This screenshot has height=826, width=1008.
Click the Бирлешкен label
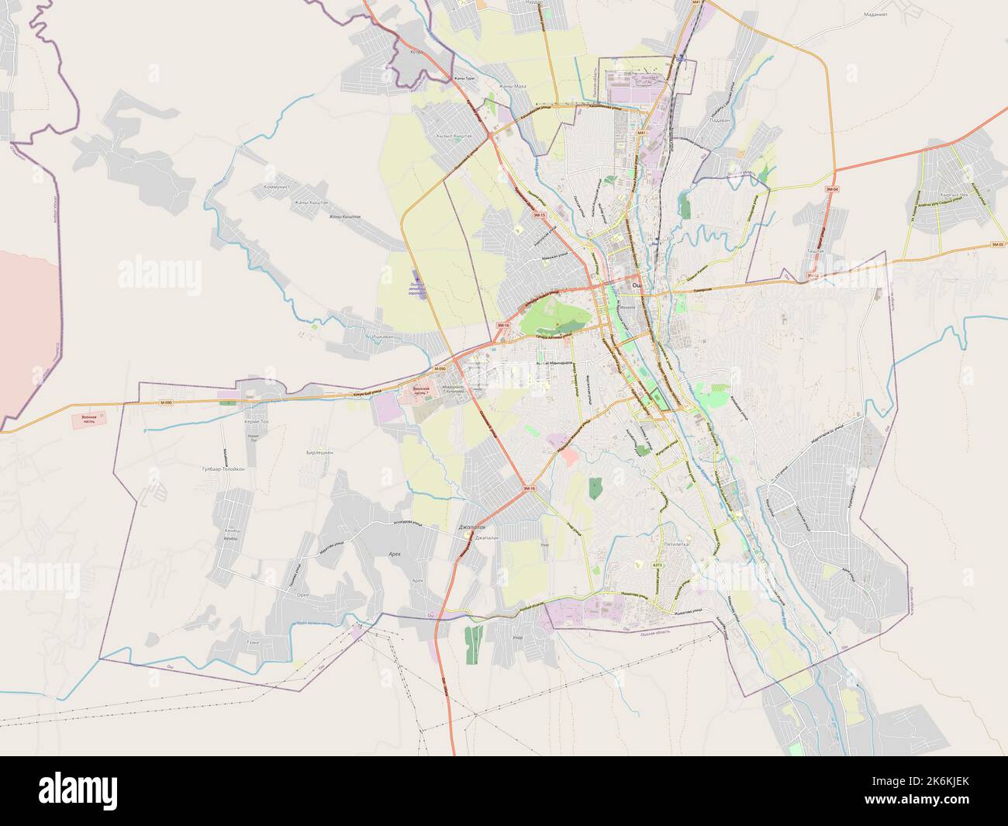(x=320, y=451)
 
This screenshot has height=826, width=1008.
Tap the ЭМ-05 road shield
(x=997, y=245)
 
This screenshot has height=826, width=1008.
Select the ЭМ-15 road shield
(x=540, y=215)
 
